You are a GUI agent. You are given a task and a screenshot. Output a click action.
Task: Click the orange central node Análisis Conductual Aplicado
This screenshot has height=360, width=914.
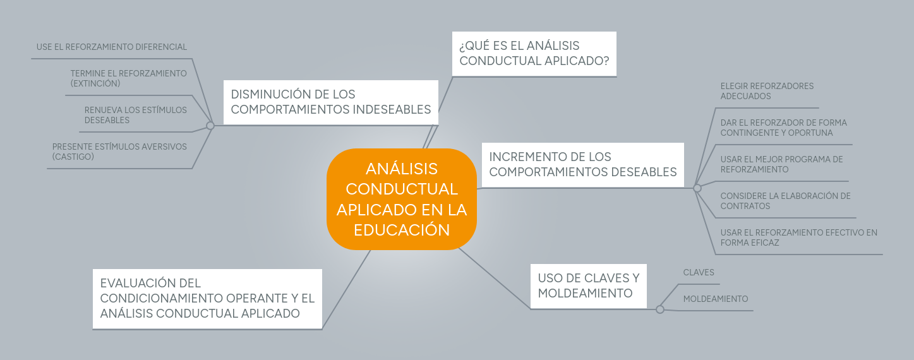click(401, 199)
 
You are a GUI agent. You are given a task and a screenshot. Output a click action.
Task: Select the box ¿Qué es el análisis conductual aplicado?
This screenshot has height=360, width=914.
click(534, 54)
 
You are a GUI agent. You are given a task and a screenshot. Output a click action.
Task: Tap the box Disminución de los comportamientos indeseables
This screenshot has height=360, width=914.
click(330, 102)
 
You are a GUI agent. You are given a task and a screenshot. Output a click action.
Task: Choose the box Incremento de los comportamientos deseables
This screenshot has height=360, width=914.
click(582, 165)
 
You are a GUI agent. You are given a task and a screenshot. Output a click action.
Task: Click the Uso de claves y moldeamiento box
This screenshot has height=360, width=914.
click(588, 286)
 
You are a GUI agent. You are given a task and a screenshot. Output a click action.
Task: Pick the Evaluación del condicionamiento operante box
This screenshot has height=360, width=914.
click(207, 299)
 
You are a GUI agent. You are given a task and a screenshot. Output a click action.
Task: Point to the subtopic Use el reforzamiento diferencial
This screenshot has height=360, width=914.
click(112, 47)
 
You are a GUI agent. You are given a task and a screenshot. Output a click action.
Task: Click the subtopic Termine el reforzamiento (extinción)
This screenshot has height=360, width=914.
click(128, 78)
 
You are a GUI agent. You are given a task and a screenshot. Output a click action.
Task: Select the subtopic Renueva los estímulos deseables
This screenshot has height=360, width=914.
click(135, 115)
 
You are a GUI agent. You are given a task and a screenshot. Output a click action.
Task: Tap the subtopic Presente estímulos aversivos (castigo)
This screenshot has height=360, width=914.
click(119, 152)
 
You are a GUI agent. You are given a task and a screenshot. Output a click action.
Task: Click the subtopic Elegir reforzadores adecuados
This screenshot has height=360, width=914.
click(767, 91)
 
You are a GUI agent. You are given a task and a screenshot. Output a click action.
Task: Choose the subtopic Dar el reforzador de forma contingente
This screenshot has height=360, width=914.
click(783, 128)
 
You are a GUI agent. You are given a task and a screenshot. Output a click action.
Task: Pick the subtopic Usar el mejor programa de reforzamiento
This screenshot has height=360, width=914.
click(781, 164)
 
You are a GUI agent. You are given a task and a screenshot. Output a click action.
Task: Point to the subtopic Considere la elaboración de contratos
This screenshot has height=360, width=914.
click(785, 201)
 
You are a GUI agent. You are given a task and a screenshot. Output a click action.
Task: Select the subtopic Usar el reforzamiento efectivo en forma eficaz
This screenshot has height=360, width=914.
click(798, 237)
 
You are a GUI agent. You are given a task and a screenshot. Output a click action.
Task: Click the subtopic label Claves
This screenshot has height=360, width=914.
click(699, 273)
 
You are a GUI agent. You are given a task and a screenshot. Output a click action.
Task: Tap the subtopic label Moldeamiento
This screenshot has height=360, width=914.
click(715, 299)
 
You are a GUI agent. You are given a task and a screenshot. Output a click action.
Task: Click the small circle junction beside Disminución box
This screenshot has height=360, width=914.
click(210, 126)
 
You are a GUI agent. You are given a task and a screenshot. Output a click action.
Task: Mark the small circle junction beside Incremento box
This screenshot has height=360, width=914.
click(697, 188)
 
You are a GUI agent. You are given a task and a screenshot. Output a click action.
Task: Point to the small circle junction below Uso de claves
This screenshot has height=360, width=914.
click(660, 309)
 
